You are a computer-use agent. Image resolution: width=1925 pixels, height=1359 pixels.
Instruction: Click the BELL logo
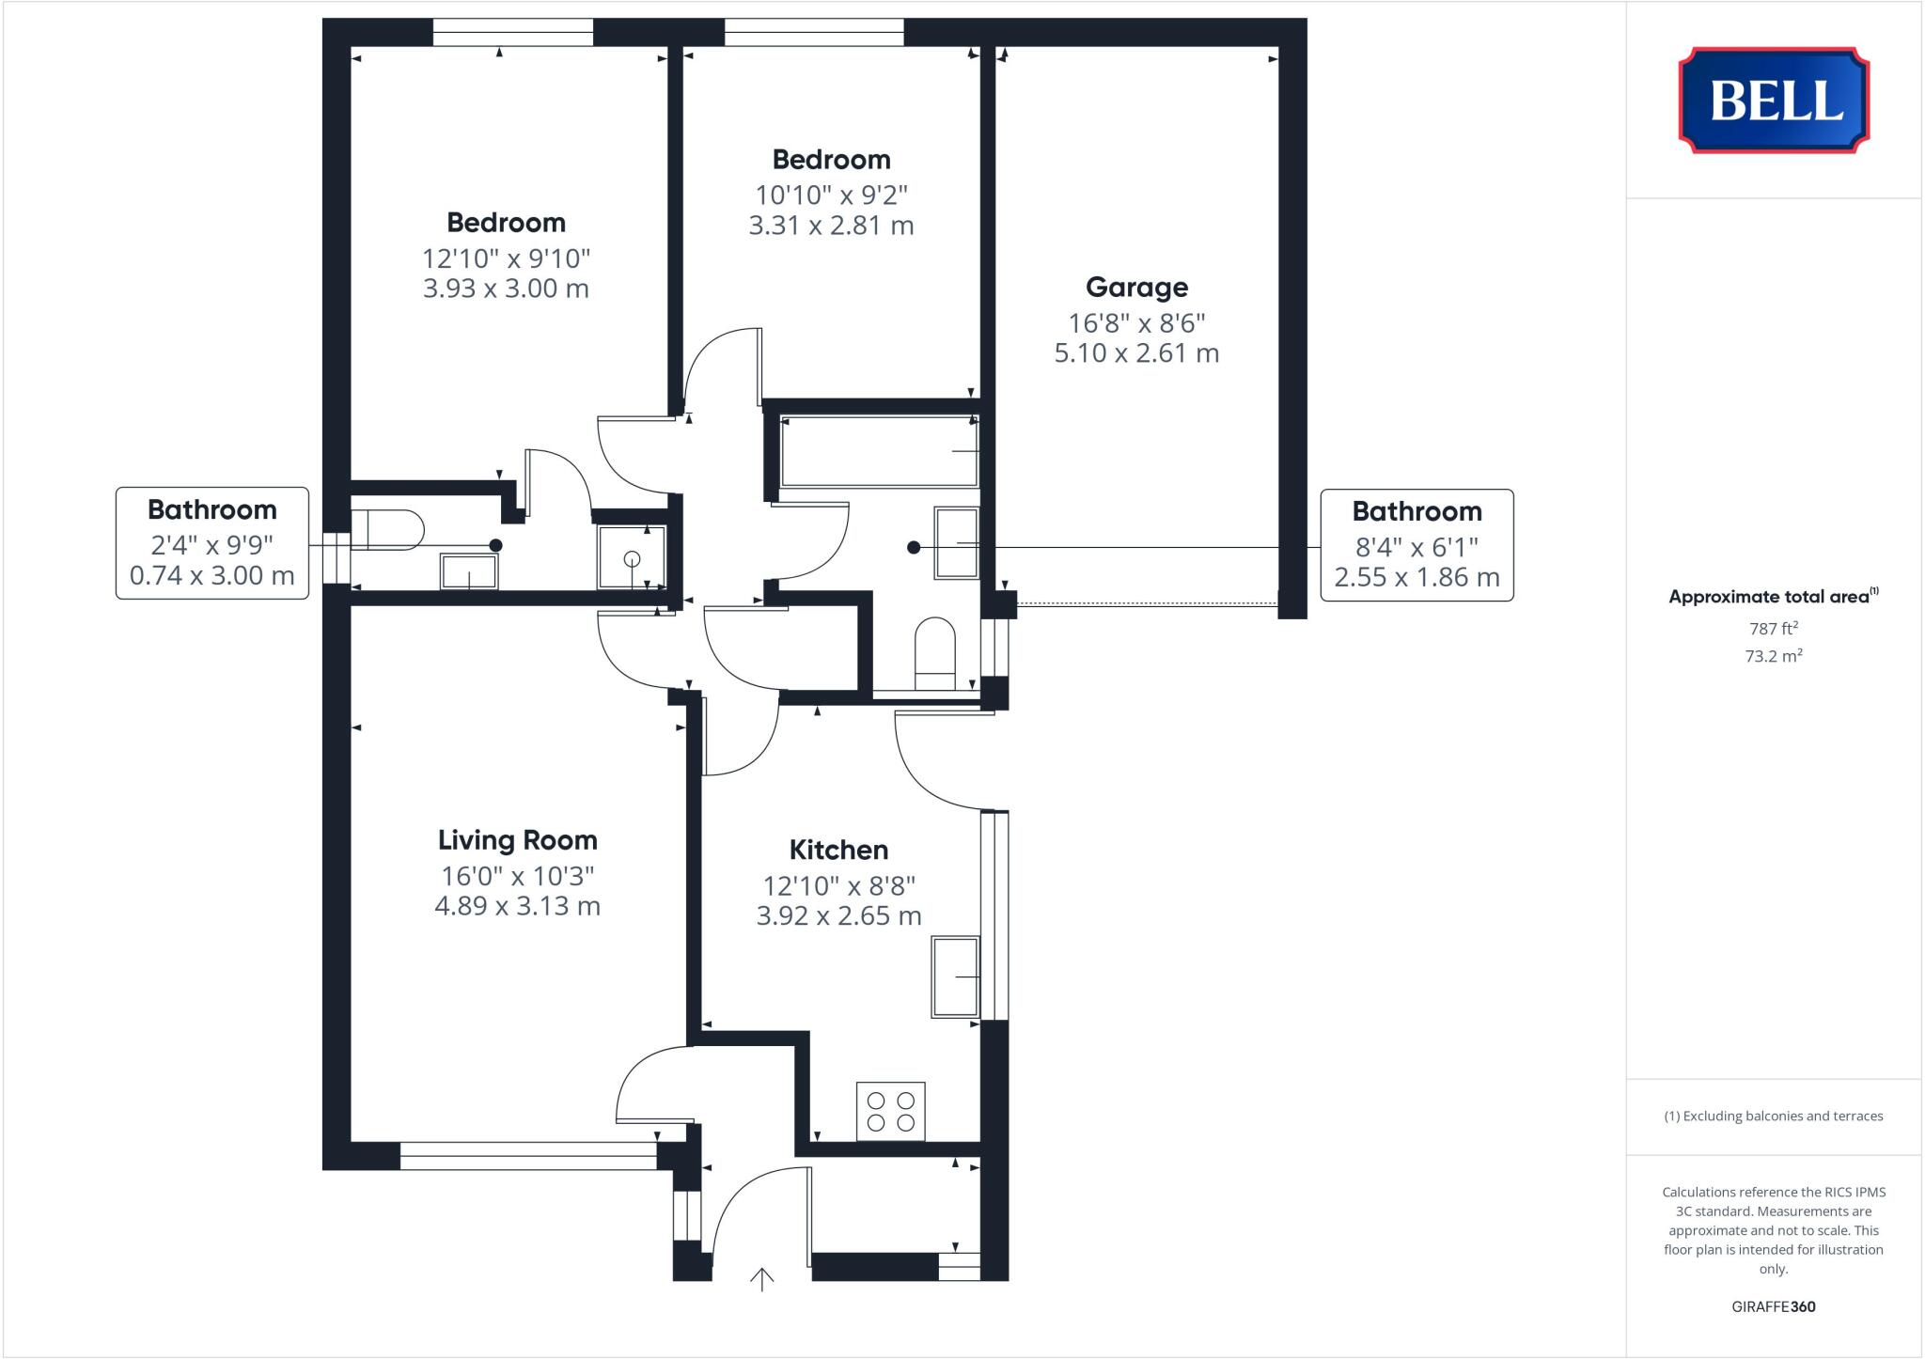[1774, 100]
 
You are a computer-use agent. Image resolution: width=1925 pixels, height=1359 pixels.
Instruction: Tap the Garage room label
[1136, 287]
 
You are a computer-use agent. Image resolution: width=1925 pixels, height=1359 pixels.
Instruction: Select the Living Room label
[517, 839]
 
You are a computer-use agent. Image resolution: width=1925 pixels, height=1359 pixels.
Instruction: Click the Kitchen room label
[838, 850]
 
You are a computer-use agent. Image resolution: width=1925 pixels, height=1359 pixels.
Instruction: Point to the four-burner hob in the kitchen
[890, 1111]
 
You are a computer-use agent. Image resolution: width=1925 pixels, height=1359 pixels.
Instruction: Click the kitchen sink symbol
[955, 976]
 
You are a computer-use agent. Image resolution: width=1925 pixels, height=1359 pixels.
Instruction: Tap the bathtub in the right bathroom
[879, 452]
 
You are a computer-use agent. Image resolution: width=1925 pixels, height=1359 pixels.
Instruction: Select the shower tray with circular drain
[632, 557]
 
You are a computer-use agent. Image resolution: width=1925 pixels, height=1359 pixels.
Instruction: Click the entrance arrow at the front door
[761, 1278]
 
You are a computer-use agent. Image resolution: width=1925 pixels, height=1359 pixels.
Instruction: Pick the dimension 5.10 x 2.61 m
[1136, 353]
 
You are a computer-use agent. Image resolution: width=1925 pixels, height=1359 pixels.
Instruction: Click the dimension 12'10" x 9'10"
[506, 258]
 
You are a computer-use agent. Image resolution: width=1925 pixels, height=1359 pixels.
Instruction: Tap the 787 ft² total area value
[1773, 628]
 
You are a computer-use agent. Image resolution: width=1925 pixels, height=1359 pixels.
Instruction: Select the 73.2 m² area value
[1773, 656]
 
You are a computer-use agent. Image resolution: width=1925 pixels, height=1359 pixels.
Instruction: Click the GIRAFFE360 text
[1773, 1306]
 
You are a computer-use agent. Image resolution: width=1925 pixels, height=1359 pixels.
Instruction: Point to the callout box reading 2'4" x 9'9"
[212, 543]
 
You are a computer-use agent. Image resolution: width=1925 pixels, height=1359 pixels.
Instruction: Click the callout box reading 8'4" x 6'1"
[1416, 545]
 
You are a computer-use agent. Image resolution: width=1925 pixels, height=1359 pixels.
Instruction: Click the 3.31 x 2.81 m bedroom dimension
[831, 226]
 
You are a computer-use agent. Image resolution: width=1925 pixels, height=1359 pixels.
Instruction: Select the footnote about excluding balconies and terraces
[1773, 1117]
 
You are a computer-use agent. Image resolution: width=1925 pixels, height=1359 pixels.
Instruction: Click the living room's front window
[527, 1156]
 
